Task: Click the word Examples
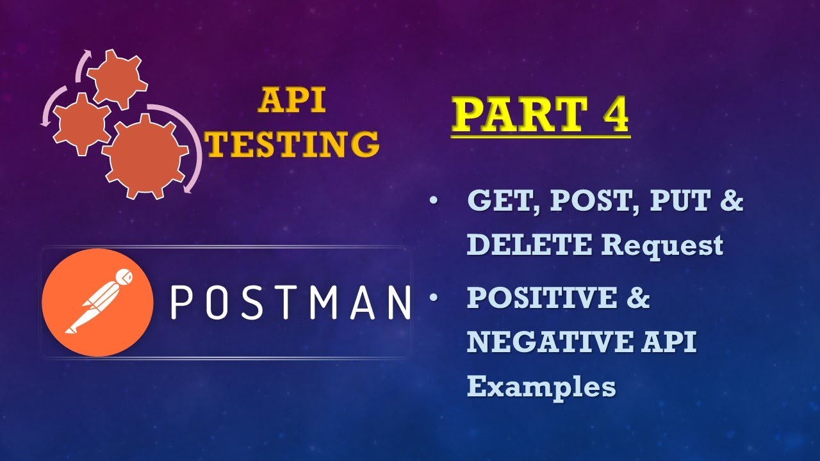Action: point(541,387)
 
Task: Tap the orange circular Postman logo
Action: point(97,303)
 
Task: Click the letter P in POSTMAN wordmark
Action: point(181,303)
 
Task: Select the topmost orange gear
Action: point(117,79)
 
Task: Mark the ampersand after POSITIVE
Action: point(637,298)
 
